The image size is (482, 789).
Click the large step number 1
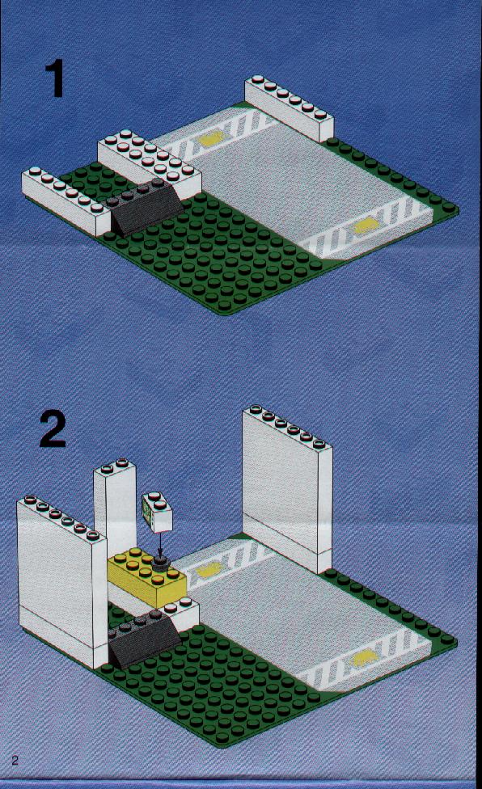tap(55, 78)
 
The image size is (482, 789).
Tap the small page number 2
tap(15, 760)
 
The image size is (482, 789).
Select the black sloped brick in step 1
tap(144, 207)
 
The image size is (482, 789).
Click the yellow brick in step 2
tap(146, 577)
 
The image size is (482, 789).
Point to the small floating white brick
tap(157, 513)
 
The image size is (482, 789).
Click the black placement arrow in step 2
tap(160, 546)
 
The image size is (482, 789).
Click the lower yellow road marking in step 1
tap(366, 226)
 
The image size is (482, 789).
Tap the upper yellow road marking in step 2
tap(209, 569)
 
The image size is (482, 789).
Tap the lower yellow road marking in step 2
tap(364, 659)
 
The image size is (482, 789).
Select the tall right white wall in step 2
tap(287, 487)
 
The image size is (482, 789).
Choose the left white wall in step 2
tap(62, 580)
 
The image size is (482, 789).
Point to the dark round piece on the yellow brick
tap(160, 563)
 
